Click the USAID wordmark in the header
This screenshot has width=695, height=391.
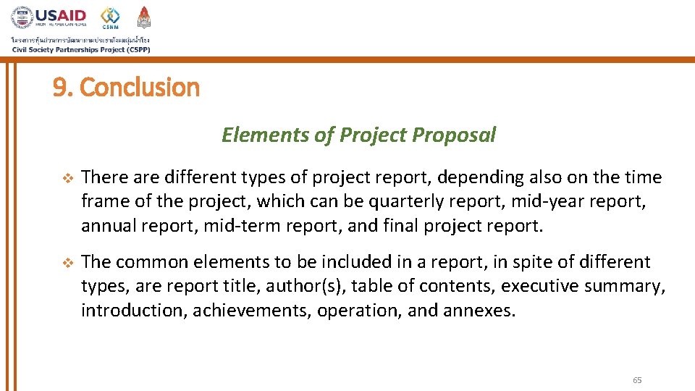[x=61, y=15]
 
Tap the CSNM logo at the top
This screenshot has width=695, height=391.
[x=110, y=17]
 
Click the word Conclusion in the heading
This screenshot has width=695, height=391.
[x=140, y=88]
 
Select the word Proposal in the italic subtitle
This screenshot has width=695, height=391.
[x=454, y=135]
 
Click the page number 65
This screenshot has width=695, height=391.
[x=637, y=380]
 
